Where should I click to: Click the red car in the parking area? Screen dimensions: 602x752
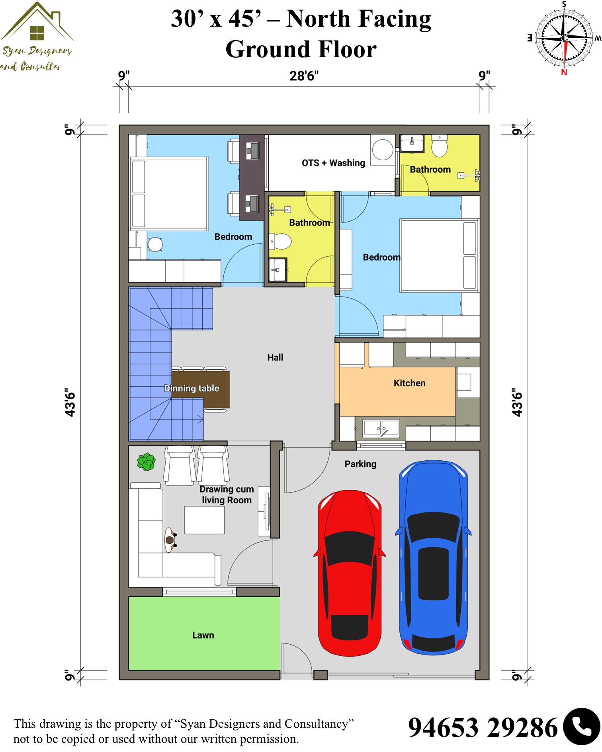point(350,573)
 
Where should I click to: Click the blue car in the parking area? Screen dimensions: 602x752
point(433,557)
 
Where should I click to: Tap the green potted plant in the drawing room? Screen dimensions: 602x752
point(146,462)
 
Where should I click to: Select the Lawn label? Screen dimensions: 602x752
point(203,635)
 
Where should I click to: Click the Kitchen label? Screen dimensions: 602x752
point(409,383)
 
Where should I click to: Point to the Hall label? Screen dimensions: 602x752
point(275,357)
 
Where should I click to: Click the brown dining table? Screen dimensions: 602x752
point(201,390)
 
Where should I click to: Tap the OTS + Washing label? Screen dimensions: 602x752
point(333,163)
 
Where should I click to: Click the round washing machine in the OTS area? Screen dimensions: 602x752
point(383,150)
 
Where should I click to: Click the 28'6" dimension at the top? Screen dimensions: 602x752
point(304,76)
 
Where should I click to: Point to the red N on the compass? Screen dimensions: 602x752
point(564,72)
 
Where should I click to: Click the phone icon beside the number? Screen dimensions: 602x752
point(582,727)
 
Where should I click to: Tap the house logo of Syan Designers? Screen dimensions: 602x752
point(37,22)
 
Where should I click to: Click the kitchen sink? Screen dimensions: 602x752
point(381,429)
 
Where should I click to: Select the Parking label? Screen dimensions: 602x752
point(360,464)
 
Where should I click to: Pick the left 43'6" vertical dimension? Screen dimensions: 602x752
point(70,402)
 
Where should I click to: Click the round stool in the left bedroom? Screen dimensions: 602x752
point(155,244)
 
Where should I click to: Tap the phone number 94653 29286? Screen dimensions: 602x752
point(483,728)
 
